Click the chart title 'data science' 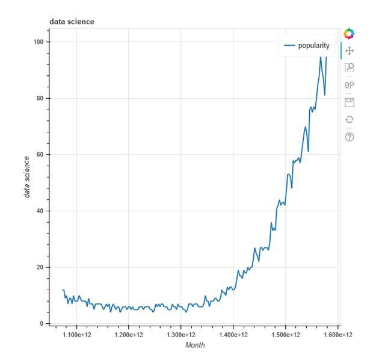[x=72, y=22]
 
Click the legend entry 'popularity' [x=313, y=45]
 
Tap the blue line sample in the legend [x=290, y=45]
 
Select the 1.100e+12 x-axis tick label [x=76, y=335]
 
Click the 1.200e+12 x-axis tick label [x=129, y=335]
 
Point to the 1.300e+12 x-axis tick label [x=181, y=335]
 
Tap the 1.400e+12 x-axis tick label [x=233, y=335]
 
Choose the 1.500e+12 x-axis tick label [x=285, y=335]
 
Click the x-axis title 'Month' [x=195, y=346]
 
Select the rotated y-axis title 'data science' [x=26, y=176]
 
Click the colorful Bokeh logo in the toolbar [x=349, y=34]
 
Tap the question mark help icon [x=349, y=137]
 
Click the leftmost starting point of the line [x=63, y=290]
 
